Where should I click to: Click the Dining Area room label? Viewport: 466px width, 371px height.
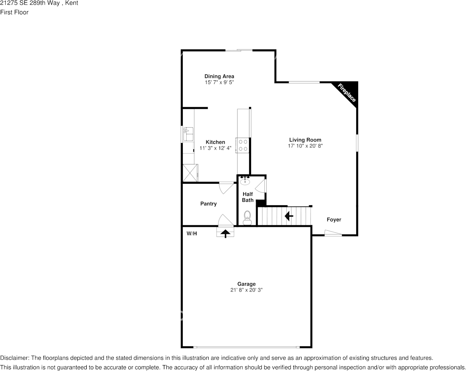(x=219, y=76)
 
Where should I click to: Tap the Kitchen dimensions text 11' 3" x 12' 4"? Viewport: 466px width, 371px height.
(x=215, y=148)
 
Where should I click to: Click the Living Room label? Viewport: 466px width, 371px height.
(x=305, y=140)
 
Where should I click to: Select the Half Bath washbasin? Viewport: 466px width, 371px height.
(x=246, y=181)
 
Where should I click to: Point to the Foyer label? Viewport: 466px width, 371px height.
(x=334, y=220)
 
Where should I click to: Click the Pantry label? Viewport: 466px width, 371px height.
(x=208, y=204)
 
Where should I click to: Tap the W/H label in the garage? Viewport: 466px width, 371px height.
(x=192, y=233)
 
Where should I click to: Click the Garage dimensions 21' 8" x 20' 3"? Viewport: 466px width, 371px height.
(x=246, y=290)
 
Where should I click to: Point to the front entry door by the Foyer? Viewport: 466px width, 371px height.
(x=333, y=234)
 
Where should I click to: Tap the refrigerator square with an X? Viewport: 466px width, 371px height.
(x=190, y=173)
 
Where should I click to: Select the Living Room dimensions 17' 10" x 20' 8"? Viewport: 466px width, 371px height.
(x=305, y=146)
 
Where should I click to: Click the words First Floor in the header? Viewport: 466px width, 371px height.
(x=14, y=12)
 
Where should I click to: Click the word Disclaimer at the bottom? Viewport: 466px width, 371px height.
(x=14, y=358)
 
